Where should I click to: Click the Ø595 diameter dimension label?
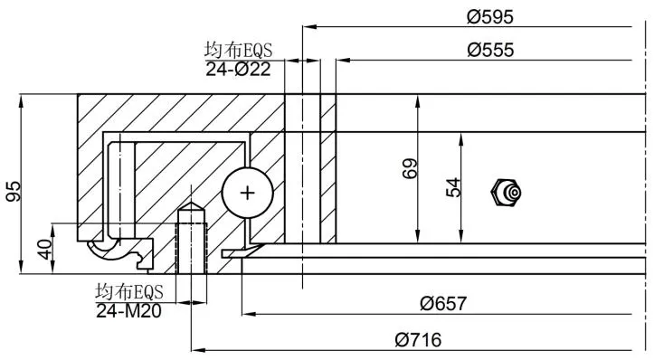click(490, 16)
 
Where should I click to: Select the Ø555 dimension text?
click(490, 50)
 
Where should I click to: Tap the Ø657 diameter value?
click(443, 303)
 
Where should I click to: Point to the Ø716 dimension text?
click(418, 340)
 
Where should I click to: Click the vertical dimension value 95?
click(14, 191)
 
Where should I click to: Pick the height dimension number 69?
click(410, 168)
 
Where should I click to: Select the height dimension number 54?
click(453, 187)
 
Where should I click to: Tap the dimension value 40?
click(44, 249)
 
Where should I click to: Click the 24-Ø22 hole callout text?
click(238, 69)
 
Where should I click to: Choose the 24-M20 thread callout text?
click(128, 311)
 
